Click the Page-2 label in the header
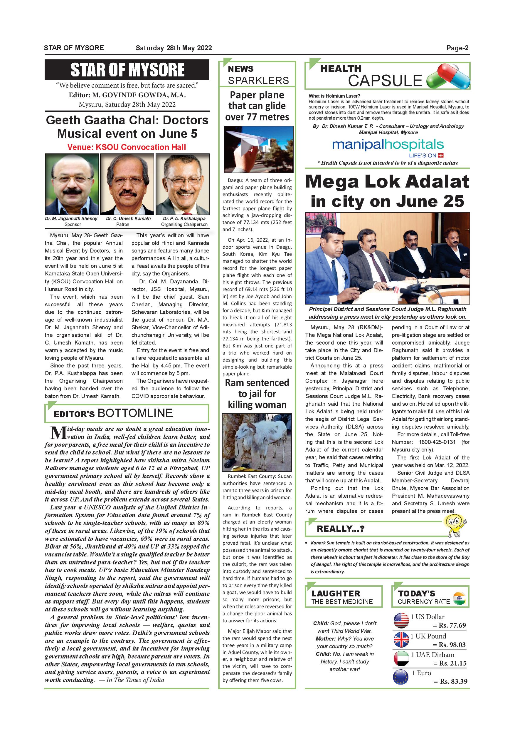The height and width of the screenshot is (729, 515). click(x=457, y=48)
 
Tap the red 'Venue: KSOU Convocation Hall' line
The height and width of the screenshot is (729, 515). click(x=127, y=147)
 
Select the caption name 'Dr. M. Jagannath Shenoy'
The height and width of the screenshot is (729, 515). click(x=71, y=218)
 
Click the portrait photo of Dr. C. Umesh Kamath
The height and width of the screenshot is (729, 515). click(x=127, y=184)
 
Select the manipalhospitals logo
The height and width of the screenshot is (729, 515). click(x=388, y=146)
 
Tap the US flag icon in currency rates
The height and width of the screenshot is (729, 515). click(x=401, y=621)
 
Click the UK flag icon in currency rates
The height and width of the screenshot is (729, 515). click(x=401, y=640)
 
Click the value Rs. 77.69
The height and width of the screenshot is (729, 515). click(x=452, y=626)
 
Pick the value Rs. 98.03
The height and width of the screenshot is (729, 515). click(x=452, y=645)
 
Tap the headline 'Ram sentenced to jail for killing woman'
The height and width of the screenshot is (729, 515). click(x=257, y=394)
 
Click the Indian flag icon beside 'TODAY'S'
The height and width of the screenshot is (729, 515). click(x=459, y=598)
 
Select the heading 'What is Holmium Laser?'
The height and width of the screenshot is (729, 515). click(x=334, y=96)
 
